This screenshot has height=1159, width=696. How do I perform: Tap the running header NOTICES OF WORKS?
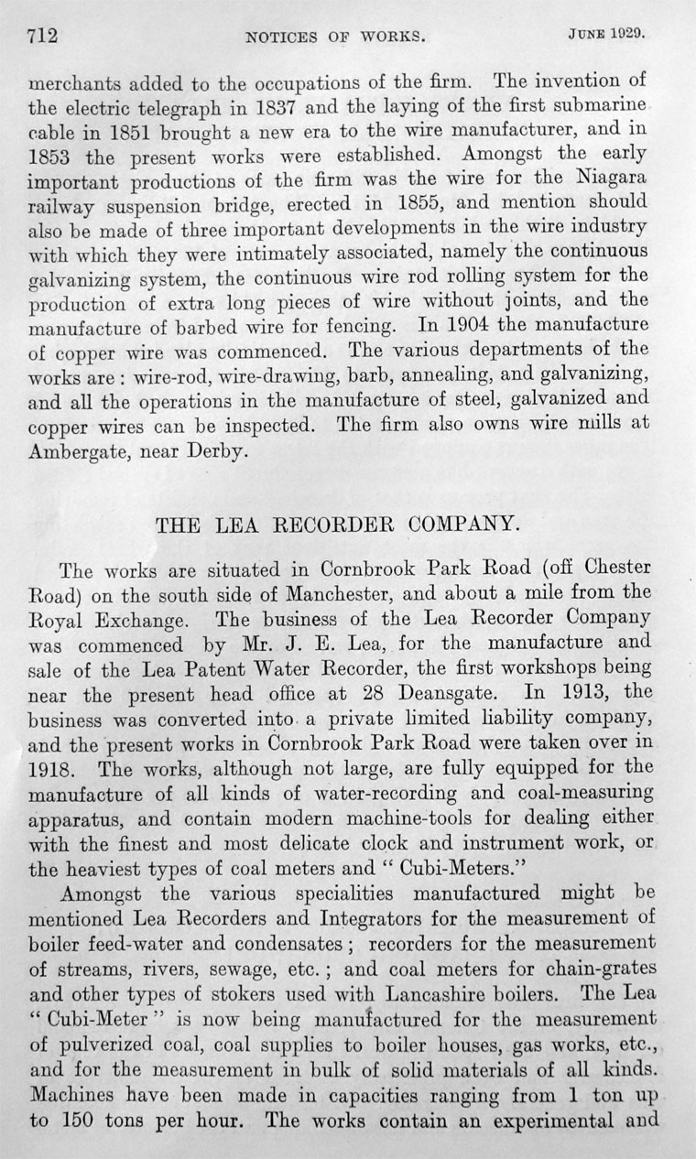[335, 38]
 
